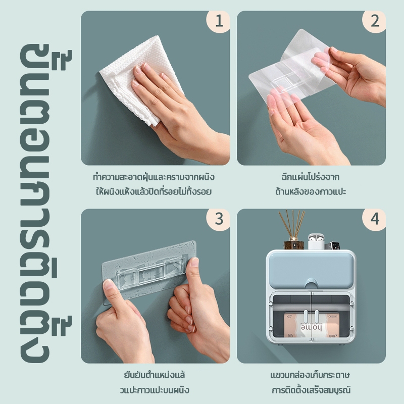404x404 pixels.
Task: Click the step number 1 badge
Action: coord(219,21)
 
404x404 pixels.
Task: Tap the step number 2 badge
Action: coord(374,21)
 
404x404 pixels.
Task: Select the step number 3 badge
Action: coord(219,219)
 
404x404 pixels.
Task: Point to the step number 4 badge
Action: coord(374,219)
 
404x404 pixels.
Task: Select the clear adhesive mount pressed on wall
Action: coord(149,271)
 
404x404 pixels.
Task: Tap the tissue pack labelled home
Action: coord(311,325)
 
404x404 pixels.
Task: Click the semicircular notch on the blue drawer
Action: coord(311,283)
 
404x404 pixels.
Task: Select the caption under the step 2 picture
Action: coord(311,184)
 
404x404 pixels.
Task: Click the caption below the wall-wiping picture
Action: coord(154,184)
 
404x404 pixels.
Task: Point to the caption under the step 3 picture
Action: coord(155,382)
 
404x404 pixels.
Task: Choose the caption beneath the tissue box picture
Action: coord(311,382)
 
